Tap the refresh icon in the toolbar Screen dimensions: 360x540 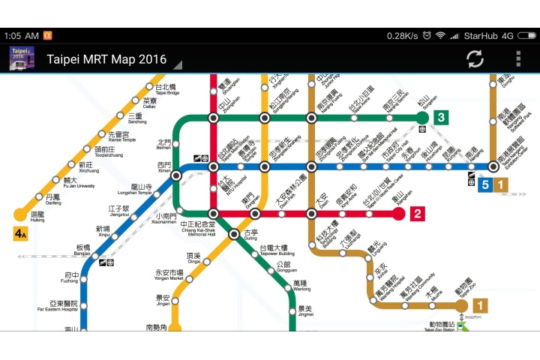[x=475, y=58]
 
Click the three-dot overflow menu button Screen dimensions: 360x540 [x=517, y=58]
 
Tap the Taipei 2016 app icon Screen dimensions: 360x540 [x=21, y=58]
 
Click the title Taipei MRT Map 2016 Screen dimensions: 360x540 [x=106, y=59]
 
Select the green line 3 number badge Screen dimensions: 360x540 [x=441, y=117]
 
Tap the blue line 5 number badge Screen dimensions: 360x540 [x=485, y=184]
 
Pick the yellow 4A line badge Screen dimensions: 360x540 [x=20, y=234]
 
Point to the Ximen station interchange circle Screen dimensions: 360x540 [x=176, y=175]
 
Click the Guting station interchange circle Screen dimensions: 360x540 [x=234, y=234]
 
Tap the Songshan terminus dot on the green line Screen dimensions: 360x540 [x=422, y=117]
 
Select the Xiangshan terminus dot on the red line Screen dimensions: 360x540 [x=400, y=214]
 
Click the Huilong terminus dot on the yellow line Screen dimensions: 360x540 [x=20, y=215]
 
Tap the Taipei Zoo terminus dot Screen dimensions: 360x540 [x=461, y=306]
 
